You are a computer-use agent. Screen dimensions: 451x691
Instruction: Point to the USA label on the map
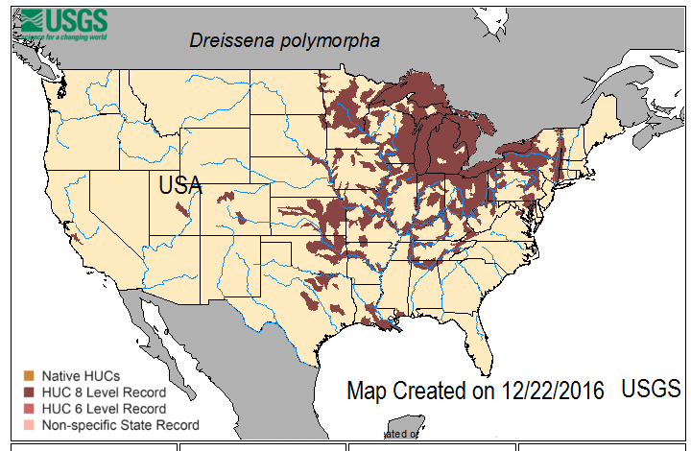179,184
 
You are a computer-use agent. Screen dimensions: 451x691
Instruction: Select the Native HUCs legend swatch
29,375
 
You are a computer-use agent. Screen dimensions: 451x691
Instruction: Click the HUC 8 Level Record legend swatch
29,392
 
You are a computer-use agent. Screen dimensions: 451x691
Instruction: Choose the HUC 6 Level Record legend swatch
29,408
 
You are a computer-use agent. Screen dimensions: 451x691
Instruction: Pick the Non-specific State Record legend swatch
29,424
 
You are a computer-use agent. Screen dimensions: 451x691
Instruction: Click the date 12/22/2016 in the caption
551,391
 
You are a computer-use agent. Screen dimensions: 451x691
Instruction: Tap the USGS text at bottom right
651,389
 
